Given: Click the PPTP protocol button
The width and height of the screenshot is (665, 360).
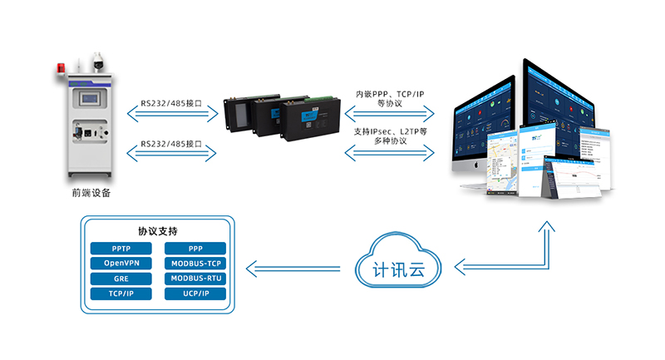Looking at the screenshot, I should coord(121,249).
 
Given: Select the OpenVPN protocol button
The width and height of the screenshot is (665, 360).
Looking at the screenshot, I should coord(121,264).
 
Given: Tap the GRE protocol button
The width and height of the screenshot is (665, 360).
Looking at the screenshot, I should coord(121,279).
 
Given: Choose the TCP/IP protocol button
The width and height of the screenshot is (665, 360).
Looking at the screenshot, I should coord(121,293).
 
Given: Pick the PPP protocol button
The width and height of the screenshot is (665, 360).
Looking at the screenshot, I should coord(195,249).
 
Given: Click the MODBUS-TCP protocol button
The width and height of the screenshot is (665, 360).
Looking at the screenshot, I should coord(195,264).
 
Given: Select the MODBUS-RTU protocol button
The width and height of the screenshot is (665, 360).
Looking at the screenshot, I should coord(195,279).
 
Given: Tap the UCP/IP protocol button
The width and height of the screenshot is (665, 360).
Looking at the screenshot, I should coord(195,293).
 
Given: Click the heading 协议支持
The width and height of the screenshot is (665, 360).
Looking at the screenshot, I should coord(157,230).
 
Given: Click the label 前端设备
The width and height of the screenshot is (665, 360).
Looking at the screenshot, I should coord(91,193).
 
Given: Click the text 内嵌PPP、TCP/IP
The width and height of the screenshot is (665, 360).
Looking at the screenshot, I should coord(390,94).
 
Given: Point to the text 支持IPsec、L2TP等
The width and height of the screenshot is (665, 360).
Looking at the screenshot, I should coord(390,131).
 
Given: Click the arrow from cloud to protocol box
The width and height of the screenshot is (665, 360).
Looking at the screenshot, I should coord(295,268).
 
